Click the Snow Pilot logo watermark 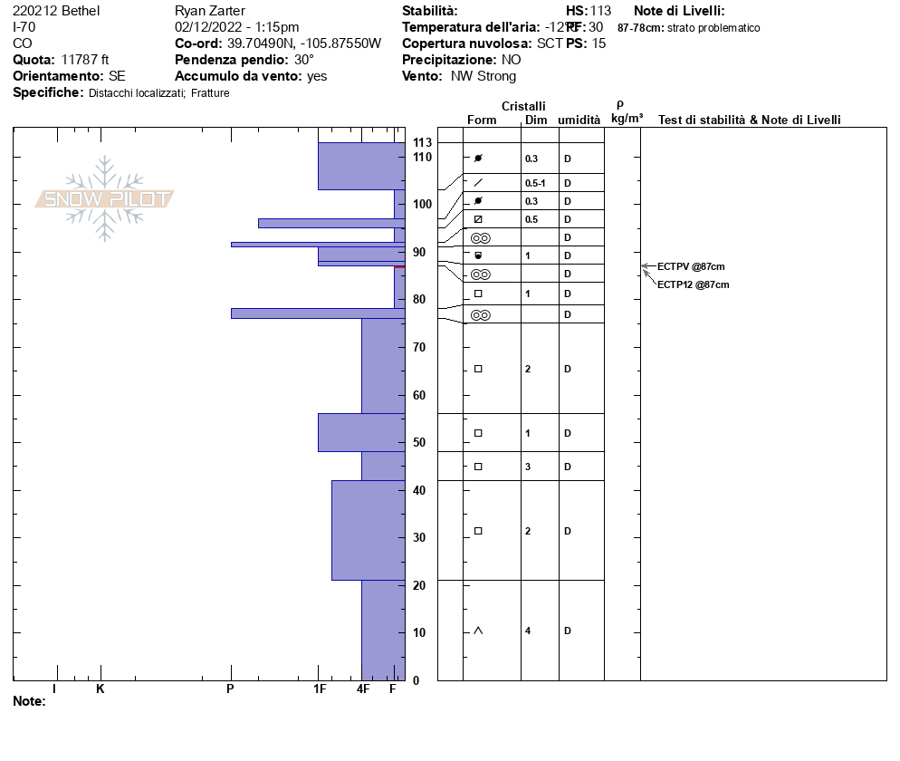[x=105, y=198]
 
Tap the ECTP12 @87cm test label [x=693, y=284]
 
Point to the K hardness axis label [x=101, y=689]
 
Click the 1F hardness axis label [x=320, y=689]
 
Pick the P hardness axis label [x=230, y=689]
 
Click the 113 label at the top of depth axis [x=422, y=143]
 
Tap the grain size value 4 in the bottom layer [x=528, y=631]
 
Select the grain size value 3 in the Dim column [x=528, y=467]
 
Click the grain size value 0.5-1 [x=535, y=183]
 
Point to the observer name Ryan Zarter [x=212, y=11]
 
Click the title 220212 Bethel [x=56, y=11]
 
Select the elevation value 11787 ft [x=85, y=60]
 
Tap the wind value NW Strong [x=484, y=76]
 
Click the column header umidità [x=579, y=120]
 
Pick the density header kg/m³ [x=627, y=119]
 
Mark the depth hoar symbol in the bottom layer [x=478, y=631]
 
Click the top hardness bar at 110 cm [x=361, y=166]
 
